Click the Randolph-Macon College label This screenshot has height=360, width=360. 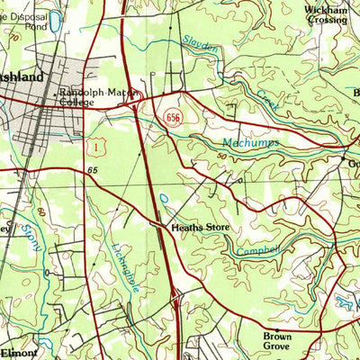pos(95,97)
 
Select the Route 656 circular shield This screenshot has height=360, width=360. pos(173,118)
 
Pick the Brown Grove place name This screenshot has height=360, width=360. pos(278,341)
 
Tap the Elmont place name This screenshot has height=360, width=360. pos(20,352)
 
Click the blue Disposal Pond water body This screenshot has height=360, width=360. pos(56,20)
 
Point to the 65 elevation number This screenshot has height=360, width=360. pos(93,169)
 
